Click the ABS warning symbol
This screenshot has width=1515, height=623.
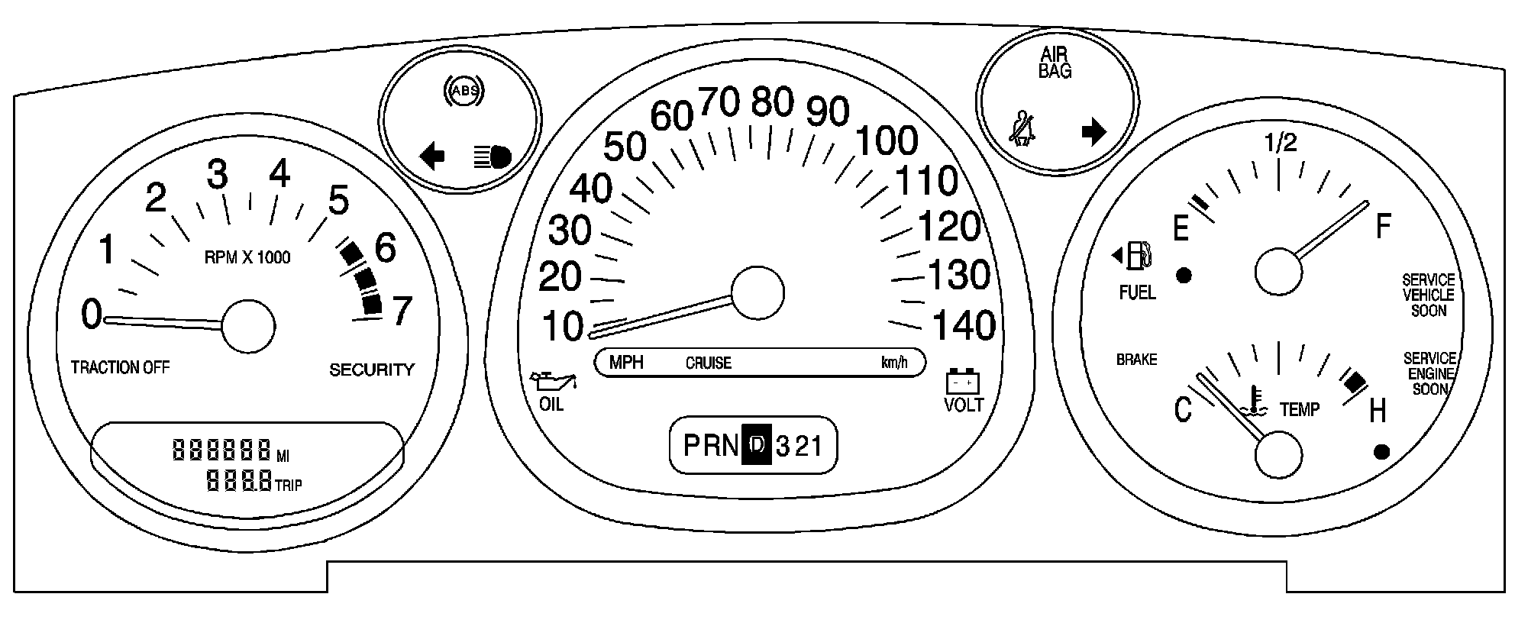(x=464, y=91)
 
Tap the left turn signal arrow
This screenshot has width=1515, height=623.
(x=432, y=157)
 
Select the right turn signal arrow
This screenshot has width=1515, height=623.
(x=1094, y=131)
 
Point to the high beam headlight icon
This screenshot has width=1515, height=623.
(x=493, y=157)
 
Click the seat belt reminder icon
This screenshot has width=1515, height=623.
(x=1021, y=128)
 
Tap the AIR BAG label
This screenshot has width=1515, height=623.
(x=1055, y=63)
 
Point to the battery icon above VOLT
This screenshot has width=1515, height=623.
(x=963, y=381)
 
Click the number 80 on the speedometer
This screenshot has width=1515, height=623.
(x=772, y=102)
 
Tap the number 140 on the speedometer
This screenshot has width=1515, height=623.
(x=964, y=326)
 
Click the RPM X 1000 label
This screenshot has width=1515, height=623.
(x=247, y=257)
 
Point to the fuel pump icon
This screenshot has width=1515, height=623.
(x=1138, y=255)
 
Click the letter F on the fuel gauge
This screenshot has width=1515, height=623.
(x=1383, y=227)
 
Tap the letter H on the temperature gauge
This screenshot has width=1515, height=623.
(x=1377, y=412)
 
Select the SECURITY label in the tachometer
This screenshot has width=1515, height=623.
(x=371, y=370)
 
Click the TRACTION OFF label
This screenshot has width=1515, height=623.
(x=120, y=368)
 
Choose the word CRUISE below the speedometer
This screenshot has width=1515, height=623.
(x=708, y=363)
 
